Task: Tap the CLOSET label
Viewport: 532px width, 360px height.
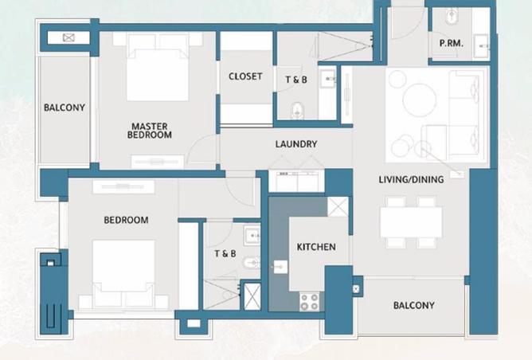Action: tap(245, 76)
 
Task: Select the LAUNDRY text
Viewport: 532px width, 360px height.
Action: tap(296, 144)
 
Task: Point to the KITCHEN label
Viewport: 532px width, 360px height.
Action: tap(316, 247)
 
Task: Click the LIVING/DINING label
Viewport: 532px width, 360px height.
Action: tap(411, 180)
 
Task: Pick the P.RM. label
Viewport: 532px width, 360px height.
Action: tap(452, 45)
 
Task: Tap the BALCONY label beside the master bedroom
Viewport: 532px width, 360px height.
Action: tap(65, 108)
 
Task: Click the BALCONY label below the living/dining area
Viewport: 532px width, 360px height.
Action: tap(414, 306)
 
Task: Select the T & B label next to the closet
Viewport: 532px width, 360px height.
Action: tap(297, 79)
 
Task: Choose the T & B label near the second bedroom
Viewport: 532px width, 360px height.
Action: tap(225, 254)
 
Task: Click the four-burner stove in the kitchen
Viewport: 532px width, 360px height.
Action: tap(309, 301)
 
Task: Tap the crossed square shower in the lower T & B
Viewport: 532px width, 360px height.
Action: tap(252, 295)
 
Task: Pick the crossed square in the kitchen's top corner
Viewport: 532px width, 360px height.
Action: tap(338, 206)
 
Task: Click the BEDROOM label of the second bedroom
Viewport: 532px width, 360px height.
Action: tap(126, 220)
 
